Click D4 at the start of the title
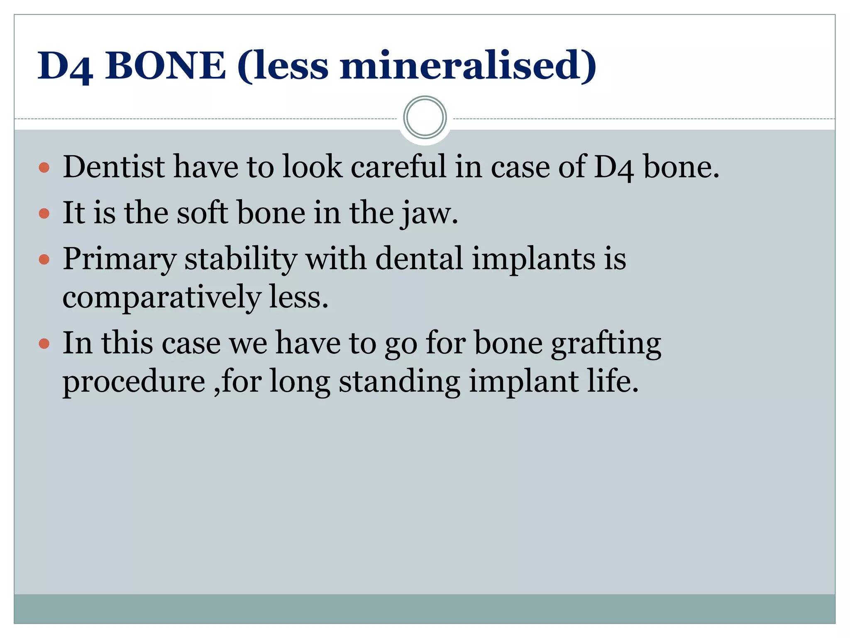point(65,66)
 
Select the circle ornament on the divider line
point(425,118)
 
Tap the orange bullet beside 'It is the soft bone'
point(44,213)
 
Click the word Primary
point(120,260)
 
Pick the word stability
point(241,260)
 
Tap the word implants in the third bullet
point(533,260)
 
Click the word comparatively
point(162,298)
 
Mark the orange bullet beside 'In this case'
point(44,344)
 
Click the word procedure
point(134,382)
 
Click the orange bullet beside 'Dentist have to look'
point(44,168)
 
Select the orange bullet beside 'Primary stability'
point(44,260)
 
